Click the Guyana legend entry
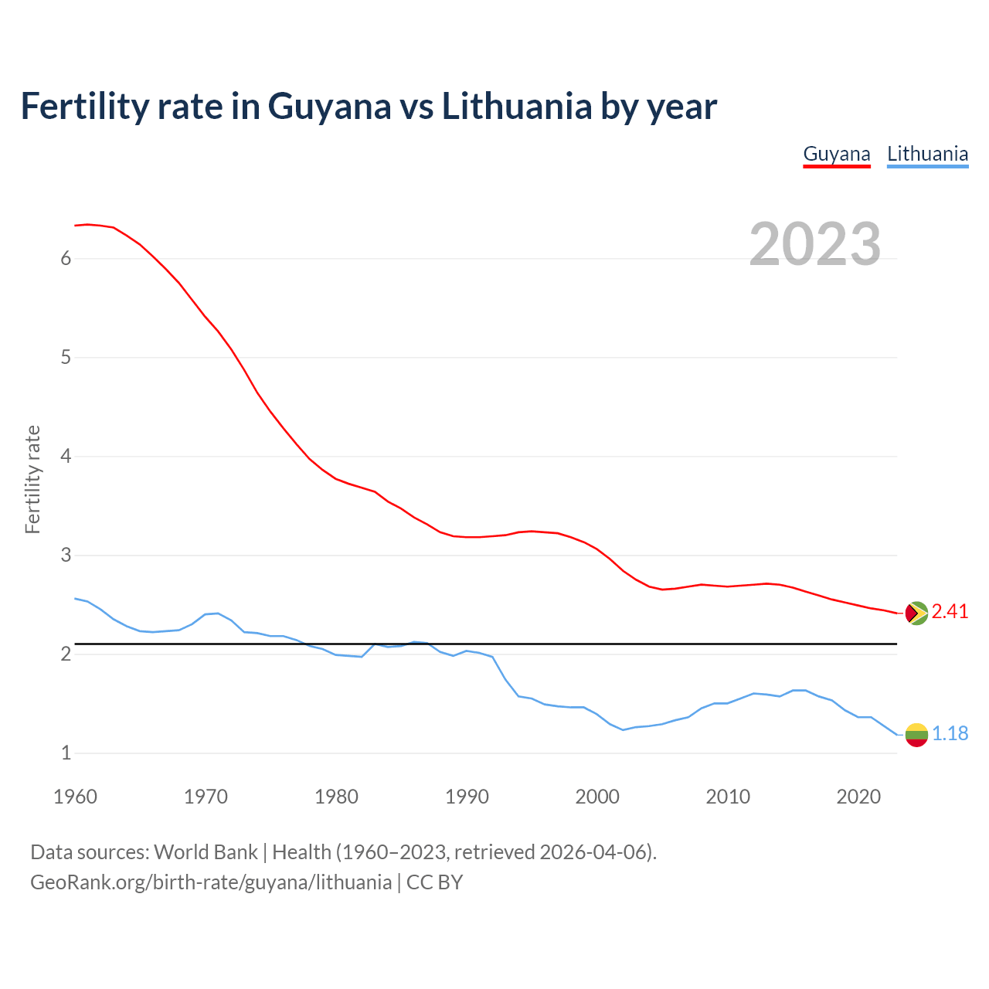click(837, 154)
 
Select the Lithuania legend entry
click(927, 154)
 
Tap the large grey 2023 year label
click(815, 244)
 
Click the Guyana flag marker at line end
click(916, 613)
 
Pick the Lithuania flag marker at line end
click(916, 734)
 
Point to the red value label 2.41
click(950, 612)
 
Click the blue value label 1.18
click(950, 734)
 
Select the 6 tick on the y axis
click(66, 259)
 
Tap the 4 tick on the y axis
click(66, 457)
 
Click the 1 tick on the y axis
click(66, 753)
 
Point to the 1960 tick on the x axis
click(75, 797)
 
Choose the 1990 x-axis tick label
click(467, 797)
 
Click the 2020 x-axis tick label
click(858, 797)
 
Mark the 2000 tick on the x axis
click(597, 797)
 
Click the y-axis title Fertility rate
click(32, 479)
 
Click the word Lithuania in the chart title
click(517, 107)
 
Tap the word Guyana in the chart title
click(330, 107)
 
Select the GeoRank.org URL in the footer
click(210, 882)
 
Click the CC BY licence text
click(434, 882)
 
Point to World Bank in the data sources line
click(206, 852)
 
